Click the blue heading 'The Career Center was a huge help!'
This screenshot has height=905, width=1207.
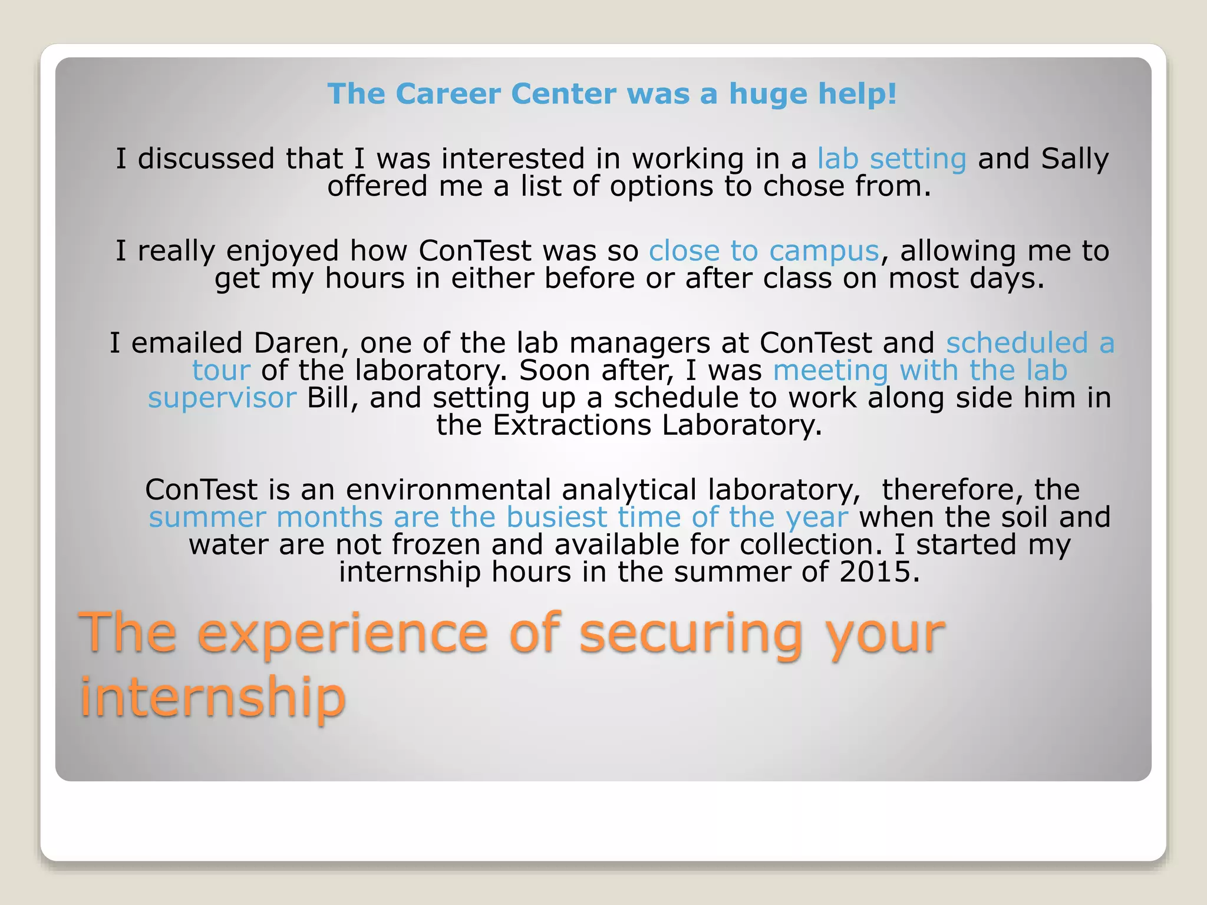click(612, 94)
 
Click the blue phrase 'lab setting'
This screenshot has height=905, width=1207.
click(891, 159)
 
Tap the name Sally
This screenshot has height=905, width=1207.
click(1074, 159)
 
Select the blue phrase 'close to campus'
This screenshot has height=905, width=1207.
click(764, 252)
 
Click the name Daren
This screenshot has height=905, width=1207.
click(298, 343)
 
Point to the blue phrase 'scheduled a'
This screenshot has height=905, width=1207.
click(1030, 343)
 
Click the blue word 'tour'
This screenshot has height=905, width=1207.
click(221, 371)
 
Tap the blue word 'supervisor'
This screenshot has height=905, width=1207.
click(222, 398)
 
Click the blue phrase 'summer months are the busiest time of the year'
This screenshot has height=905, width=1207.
click(498, 518)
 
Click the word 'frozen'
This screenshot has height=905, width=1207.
click(436, 545)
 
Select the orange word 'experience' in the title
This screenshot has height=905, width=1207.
click(342, 634)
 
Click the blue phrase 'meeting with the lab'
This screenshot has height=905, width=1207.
click(920, 371)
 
